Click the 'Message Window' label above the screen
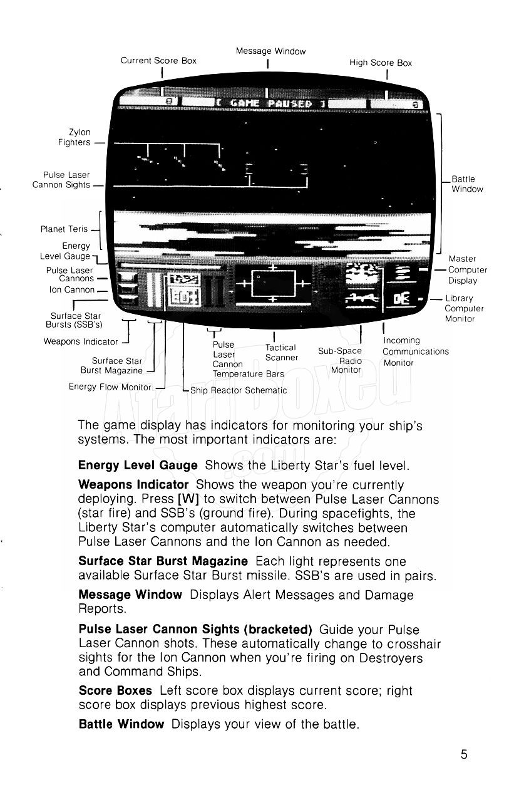coord(270,51)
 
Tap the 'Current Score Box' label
coord(158,61)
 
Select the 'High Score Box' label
coord(381,63)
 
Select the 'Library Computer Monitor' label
coord(464,308)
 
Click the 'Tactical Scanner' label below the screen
coord(281,352)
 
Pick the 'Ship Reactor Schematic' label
coord(239,390)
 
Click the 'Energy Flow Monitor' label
coord(110,387)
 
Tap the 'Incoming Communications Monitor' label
coord(415,351)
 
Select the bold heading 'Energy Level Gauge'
coord(138,465)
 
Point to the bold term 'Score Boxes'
coord(115,690)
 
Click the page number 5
coord(464,754)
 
